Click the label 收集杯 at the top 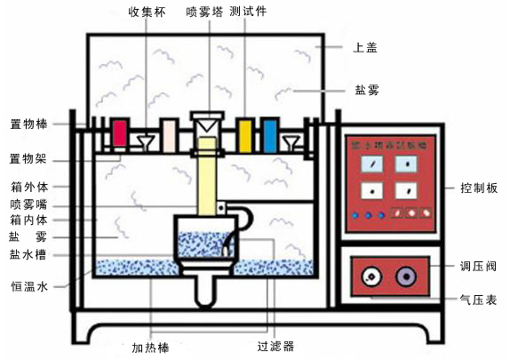[147, 12]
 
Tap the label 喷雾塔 [204, 12]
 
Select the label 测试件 [248, 12]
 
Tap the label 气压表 [480, 300]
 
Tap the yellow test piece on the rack [245, 133]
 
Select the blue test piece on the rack [268, 134]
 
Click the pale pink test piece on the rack [168, 134]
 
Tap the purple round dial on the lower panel [407, 276]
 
